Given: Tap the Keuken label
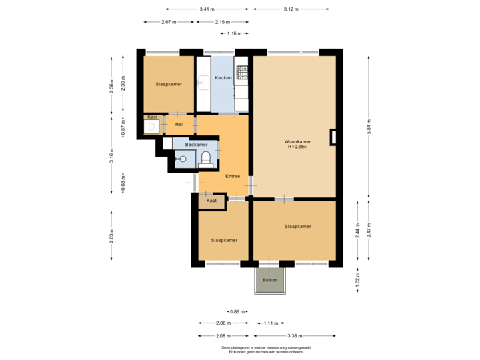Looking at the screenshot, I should [223, 78].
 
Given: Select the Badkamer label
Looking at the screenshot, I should [196, 145].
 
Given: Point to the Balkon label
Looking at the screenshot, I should [269, 280].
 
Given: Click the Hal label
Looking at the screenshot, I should [179, 124].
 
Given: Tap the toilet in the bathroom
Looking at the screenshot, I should [206, 158].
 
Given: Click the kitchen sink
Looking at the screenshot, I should [203, 83].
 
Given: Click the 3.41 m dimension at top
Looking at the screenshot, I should [207, 9].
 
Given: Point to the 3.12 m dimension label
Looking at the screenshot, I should [291, 9].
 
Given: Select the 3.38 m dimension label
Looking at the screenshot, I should [294, 335].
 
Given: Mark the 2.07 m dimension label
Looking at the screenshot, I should [169, 22].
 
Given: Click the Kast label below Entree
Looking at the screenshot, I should [212, 201].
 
